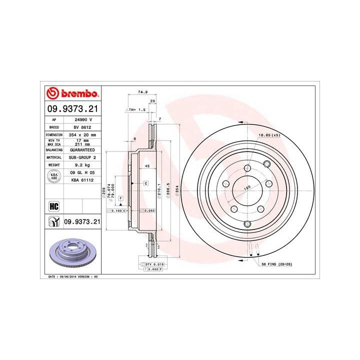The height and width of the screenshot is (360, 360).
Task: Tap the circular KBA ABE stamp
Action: tap(53, 176)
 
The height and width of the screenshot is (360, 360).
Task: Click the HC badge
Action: tap(53, 205)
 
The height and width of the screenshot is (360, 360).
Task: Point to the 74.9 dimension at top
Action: tap(142, 92)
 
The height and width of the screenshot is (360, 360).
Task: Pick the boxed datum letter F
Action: tap(120, 199)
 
